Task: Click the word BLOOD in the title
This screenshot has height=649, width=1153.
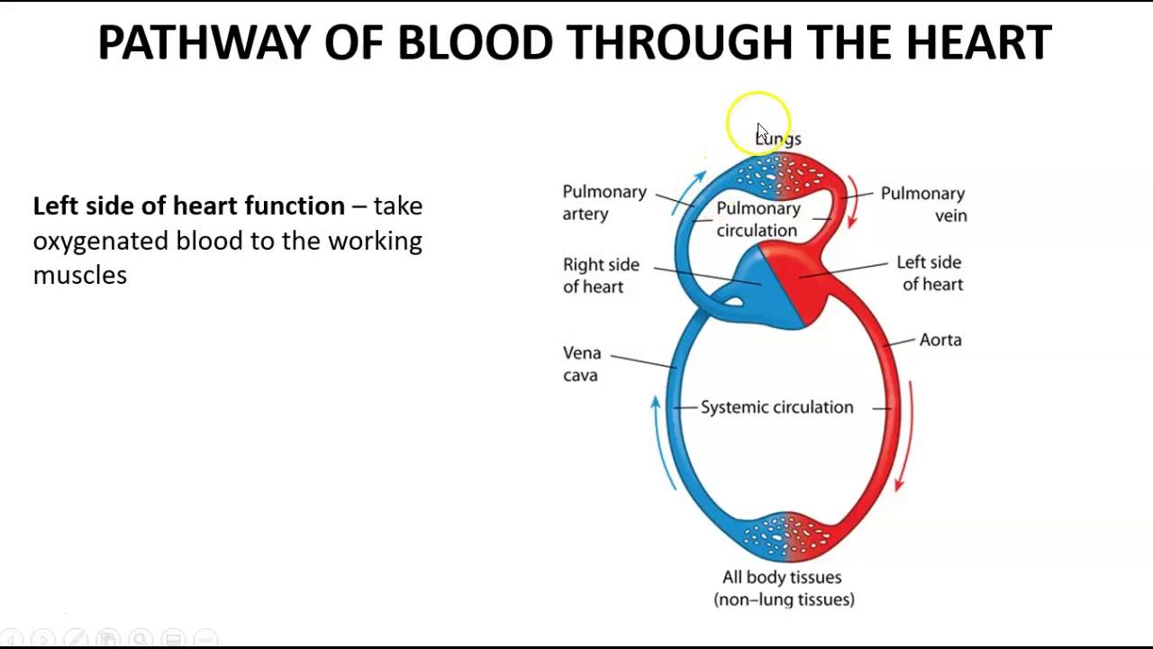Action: (475, 42)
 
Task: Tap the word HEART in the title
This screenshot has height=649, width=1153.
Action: (978, 42)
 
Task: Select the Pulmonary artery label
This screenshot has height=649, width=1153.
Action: (604, 203)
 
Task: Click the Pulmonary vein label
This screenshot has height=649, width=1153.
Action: (922, 205)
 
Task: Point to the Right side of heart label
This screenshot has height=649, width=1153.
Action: (601, 276)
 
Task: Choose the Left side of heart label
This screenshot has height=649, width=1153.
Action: (930, 273)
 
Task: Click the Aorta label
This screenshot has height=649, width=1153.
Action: (940, 340)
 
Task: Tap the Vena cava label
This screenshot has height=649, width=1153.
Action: (582, 364)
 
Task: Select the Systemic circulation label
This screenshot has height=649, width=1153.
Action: (776, 407)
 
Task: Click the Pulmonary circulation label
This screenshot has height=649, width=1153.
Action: (758, 219)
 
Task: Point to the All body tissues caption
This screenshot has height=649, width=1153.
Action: (783, 588)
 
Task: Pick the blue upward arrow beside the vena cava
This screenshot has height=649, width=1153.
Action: (663, 442)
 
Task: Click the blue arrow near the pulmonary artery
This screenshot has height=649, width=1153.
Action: (688, 190)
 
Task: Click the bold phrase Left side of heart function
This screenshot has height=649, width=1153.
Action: (188, 206)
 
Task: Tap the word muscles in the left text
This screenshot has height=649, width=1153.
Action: (79, 276)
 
